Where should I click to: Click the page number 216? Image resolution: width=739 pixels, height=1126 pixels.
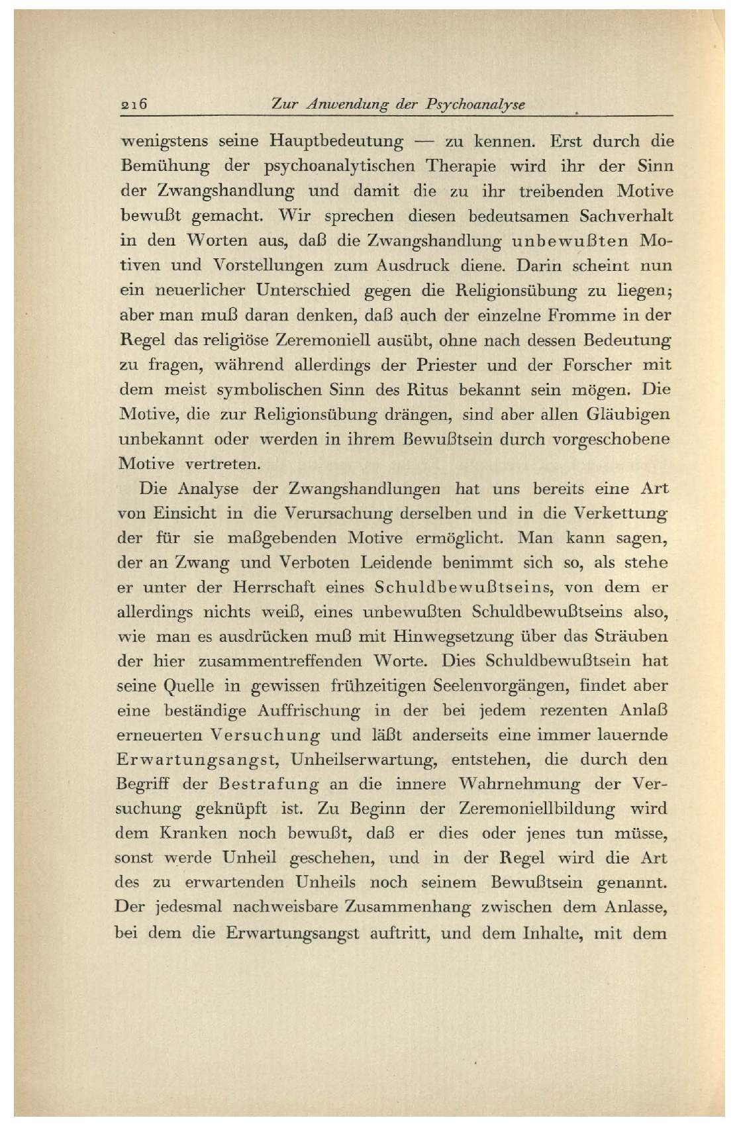tap(133, 104)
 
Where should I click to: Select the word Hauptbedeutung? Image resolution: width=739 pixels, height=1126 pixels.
tap(336, 142)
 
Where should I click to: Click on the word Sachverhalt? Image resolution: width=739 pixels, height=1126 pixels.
tap(626, 216)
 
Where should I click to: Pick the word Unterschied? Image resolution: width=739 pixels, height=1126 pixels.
tap(303, 290)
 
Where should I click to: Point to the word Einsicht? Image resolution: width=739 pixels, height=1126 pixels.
tap(185, 513)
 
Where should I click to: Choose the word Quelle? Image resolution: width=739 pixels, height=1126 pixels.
tap(189, 686)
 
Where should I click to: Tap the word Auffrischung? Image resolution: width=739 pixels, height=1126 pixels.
tap(309, 711)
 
